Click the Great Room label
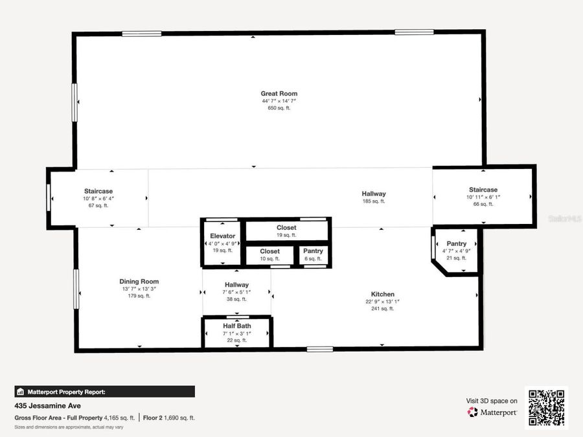click(x=279, y=94)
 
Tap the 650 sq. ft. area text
click(x=279, y=108)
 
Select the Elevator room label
click(x=222, y=236)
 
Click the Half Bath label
click(x=237, y=326)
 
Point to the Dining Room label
click(x=139, y=282)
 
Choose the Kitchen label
click(x=382, y=294)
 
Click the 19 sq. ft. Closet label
click(x=286, y=228)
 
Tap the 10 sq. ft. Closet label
click(x=269, y=251)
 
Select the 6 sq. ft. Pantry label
click(x=313, y=251)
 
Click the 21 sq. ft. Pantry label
click(x=456, y=243)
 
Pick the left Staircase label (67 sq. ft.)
click(x=98, y=191)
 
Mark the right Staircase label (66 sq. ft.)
click(x=483, y=190)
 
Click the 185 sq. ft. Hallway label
click(x=374, y=194)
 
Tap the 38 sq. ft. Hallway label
click(x=236, y=285)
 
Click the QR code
click(x=546, y=408)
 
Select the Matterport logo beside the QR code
click(x=492, y=412)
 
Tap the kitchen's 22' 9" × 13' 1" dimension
click(x=382, y=302)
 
